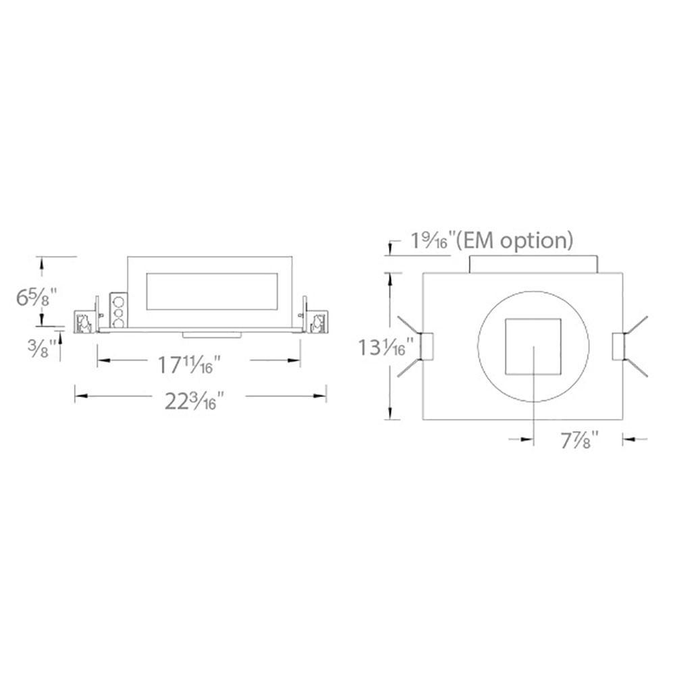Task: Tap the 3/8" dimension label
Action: point(42,348)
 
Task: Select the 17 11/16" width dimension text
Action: point(186,364)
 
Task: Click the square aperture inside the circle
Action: point(533,346)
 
